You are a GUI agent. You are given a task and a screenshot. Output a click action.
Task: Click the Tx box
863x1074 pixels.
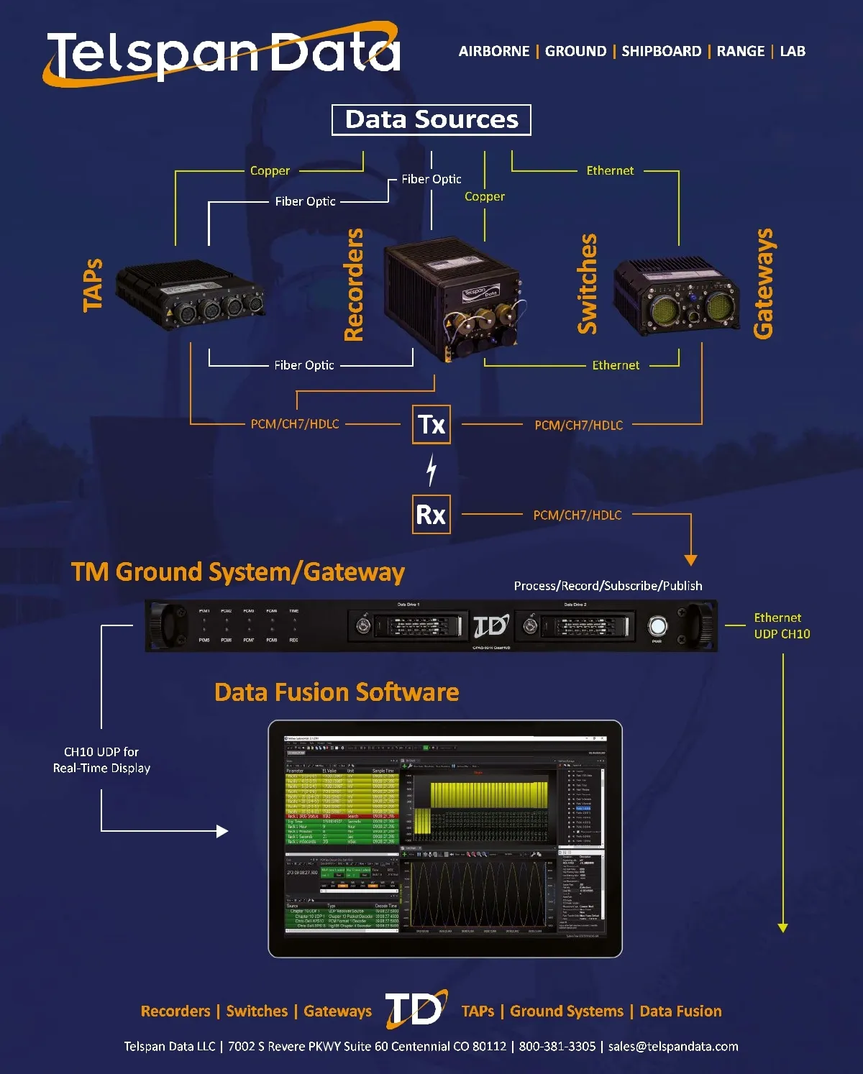pos(431,424)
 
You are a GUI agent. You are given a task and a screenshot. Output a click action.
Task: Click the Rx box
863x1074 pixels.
pos(431,515)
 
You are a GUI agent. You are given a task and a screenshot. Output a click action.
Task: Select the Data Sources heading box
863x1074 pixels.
pos(431,119)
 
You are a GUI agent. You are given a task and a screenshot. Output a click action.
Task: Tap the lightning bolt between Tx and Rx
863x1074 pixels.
pos(431,469)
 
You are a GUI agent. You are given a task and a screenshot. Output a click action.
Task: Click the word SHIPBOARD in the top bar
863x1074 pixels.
pos(661,51)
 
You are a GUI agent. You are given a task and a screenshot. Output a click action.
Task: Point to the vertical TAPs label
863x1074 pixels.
pos(93,285)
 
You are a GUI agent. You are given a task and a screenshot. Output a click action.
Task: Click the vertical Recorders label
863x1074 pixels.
pos(354,285)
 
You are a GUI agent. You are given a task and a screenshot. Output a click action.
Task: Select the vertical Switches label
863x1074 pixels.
pos(588,284)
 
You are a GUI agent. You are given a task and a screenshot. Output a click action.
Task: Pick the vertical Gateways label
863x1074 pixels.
pos(763,284)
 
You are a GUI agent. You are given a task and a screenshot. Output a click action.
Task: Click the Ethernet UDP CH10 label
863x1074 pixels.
pos(782,625)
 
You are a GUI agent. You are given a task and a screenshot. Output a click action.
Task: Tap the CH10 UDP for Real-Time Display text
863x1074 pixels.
pos(101,760)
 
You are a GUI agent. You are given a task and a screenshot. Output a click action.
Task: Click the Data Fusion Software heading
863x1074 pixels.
pos(337,692)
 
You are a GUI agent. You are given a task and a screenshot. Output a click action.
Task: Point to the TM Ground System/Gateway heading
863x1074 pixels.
pos(237,572)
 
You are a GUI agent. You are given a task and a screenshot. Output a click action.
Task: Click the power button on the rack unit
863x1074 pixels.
pos(657,625)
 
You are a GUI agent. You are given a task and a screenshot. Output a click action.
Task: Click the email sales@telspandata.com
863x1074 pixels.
pos(673,1046)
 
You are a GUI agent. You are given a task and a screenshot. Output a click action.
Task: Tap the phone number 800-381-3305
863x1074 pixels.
pos(557,1046)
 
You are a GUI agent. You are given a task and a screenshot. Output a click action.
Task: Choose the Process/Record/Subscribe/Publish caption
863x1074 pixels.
pos(608,586)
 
